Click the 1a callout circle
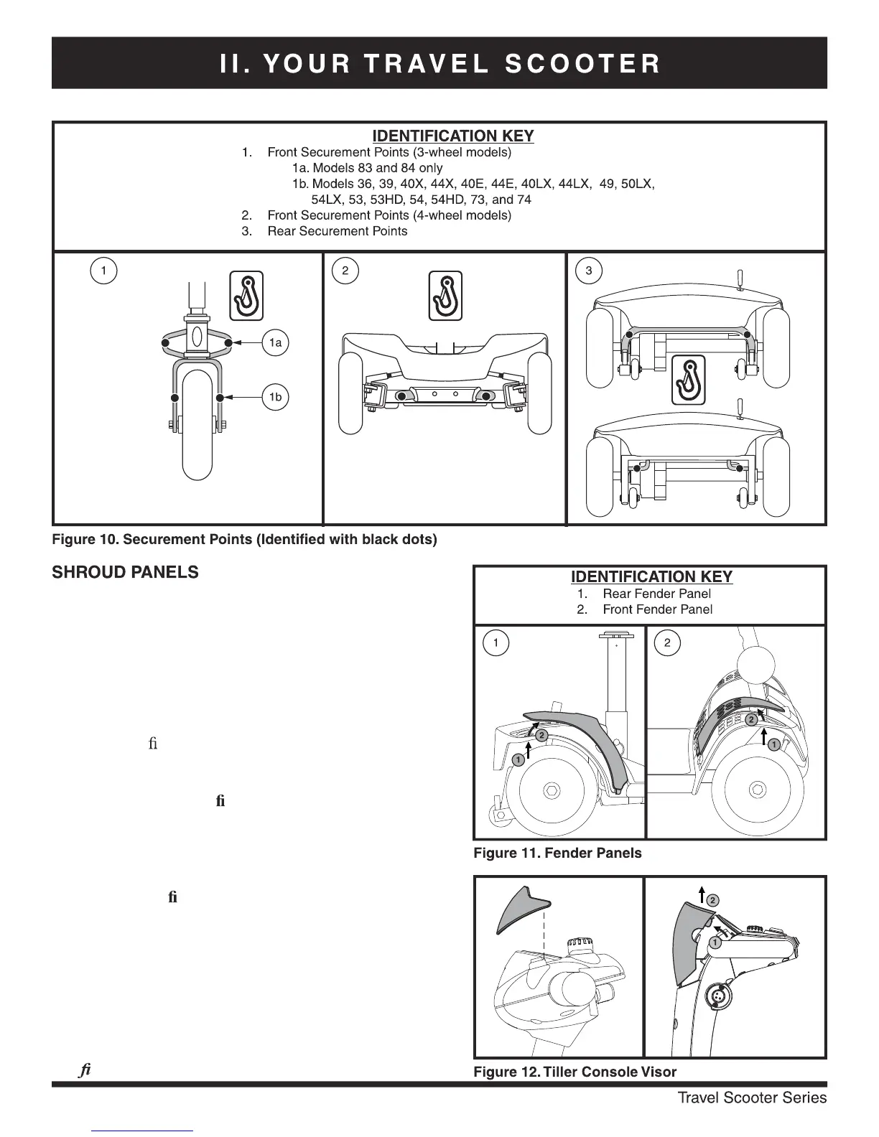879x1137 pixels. [276, 343]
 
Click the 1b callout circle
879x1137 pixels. [276, 397]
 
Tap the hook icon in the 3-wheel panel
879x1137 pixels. [246, 295]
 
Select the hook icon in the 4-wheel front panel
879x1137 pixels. [445, 295]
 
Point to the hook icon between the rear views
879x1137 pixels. [688, 379]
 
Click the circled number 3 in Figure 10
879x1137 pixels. [590, 271]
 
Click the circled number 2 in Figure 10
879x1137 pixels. [345, 271]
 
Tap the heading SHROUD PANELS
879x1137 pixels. [126, 572]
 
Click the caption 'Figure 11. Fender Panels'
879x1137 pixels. [557, 853]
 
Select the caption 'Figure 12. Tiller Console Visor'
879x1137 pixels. [575, 1072]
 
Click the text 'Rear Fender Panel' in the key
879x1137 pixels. [656, 594]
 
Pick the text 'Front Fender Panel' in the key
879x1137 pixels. [657, 609]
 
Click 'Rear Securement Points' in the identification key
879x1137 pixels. [337, 231]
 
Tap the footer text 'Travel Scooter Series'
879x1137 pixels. [752, 1098]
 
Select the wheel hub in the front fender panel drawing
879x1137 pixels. [756, 790]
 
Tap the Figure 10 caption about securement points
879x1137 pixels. [244, 539]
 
